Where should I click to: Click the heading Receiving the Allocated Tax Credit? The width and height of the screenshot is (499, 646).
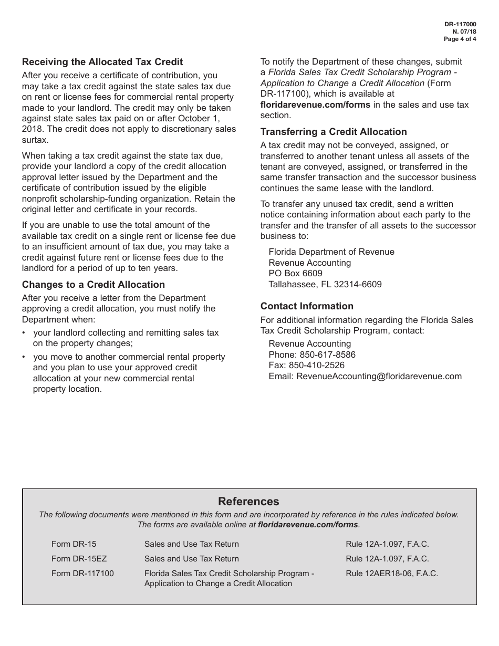tap(102, 62)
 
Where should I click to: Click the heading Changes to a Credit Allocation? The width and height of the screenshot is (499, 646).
tap(93, 285)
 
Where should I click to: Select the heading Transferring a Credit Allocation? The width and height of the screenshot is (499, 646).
tap(334, 132)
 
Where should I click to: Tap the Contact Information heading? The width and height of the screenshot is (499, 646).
tap(307, 306)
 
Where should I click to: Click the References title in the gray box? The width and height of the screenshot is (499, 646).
tap(248, 502)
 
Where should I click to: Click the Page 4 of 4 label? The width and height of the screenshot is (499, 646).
tap(460, 39)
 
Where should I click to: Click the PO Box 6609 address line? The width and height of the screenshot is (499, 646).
tap(295, 274)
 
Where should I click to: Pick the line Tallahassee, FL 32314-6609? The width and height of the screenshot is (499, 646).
tap(325, 284)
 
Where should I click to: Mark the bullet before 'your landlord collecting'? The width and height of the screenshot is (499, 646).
tap(24, 333)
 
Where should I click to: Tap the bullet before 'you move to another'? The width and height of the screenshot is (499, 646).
tap(24, 357)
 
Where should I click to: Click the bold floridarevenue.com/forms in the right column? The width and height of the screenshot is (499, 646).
tap(315, 105)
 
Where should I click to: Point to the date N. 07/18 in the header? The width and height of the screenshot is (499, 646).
tap(465, 32)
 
